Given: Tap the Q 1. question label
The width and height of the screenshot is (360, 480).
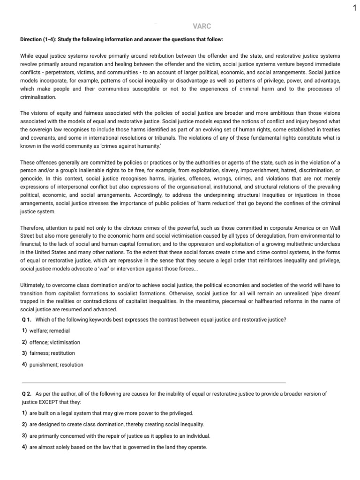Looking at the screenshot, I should click(26, 320).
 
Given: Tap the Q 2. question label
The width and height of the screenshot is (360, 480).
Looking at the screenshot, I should click(26, 395).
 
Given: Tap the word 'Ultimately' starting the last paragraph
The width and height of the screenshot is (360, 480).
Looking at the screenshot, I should click(33, 285).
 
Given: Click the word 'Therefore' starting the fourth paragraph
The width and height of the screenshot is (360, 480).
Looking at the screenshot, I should click(33, 227).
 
